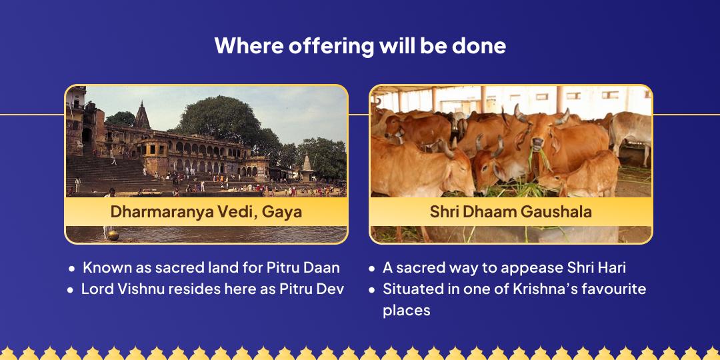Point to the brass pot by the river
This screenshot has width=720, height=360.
pos(113,235)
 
